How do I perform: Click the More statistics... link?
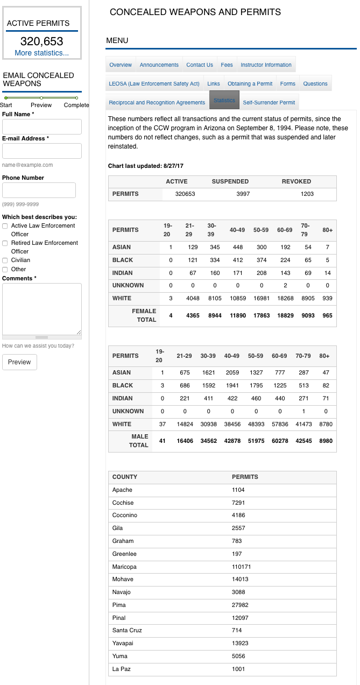click(42, 53)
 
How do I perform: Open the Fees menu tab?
click(227, 65)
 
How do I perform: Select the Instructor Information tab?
click(266, 65)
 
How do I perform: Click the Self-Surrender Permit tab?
click(269, 102)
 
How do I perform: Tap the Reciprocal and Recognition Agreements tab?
click(157, 102)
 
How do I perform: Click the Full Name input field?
click(42, 126)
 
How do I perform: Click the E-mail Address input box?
click(42, 151)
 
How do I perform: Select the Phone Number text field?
click(39, 190)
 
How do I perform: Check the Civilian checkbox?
click(5, 260)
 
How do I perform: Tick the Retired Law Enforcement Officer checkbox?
click(5, 243)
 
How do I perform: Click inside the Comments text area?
click(42, 308)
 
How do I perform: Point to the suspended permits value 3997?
click(243, 194)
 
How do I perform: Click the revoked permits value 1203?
click(307, 194)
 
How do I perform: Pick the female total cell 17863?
click(261, 315)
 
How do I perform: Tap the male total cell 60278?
click(285, 441)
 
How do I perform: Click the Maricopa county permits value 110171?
click(242, 567)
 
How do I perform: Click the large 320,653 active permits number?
click(42, 41)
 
